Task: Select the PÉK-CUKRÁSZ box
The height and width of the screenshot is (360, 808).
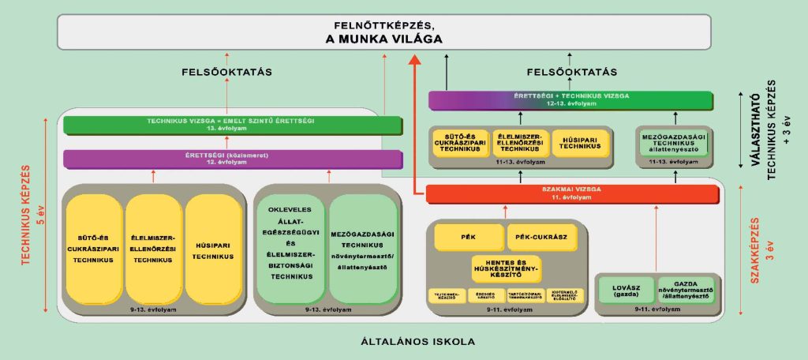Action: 541,236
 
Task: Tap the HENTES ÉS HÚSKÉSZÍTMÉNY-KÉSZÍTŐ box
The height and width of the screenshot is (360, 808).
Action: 506,268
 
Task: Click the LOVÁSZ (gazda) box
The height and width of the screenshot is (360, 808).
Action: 625,289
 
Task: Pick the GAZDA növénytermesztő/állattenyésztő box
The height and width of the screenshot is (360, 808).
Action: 685,289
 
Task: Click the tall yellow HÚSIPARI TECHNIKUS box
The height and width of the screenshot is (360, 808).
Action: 213,246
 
